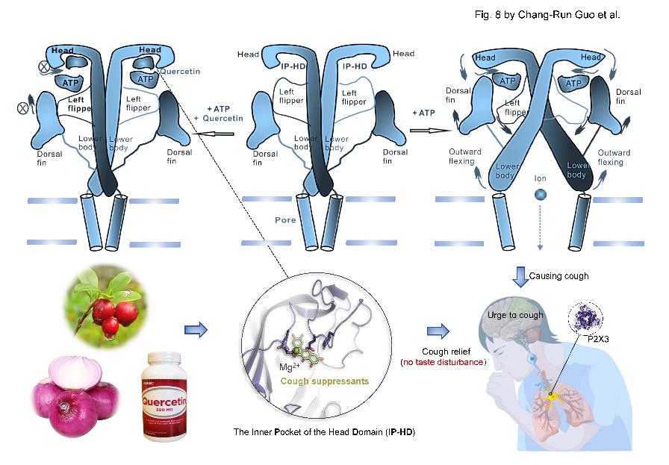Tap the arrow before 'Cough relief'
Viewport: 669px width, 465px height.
click(440, 330)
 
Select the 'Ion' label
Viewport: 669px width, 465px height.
click(541, 179)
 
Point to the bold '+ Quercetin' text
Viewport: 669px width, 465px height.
click(218, 119)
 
